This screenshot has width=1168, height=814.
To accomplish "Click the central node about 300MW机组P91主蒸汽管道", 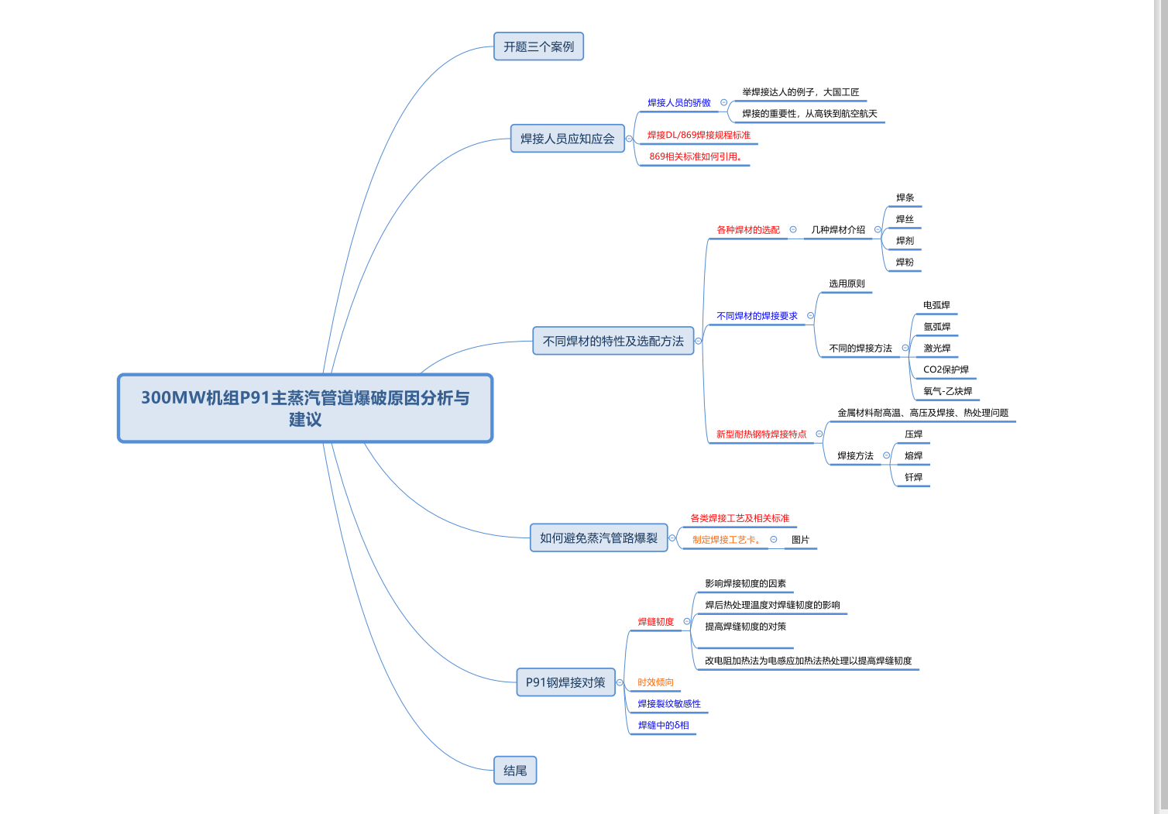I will [305, 408].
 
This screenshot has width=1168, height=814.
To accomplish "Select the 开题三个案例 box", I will [538, 46].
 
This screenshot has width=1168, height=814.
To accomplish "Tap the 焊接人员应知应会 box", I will [567, 139].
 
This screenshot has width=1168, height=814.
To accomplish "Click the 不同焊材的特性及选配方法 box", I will [613, 341].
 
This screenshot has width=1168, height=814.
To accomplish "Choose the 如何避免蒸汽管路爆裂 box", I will [598, 538].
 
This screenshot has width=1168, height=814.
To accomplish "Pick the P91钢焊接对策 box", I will [565, 682].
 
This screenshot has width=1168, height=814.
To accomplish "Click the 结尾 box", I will [515, 771].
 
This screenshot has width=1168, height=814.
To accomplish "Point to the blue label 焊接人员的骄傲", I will [678, 103].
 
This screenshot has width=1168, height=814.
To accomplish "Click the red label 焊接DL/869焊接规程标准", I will [699, 135].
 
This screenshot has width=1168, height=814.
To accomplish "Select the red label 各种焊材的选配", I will [748, 230].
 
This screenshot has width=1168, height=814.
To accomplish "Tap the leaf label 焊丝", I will [905, 219].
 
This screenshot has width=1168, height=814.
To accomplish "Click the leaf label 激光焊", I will [936, 349].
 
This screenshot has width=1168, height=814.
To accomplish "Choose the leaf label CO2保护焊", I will [946, 369].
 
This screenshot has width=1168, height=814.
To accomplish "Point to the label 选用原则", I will [847, 283].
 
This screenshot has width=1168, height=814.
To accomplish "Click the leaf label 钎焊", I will [913, 477].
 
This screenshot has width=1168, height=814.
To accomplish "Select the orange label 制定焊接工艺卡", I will [726, 540].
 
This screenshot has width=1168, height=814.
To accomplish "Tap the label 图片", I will [800, 540].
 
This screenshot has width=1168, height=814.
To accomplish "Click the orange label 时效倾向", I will [655, 682].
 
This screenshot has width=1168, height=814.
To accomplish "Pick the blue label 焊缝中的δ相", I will [663, 726].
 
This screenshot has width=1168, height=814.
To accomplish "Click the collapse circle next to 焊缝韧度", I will [687, 621].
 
